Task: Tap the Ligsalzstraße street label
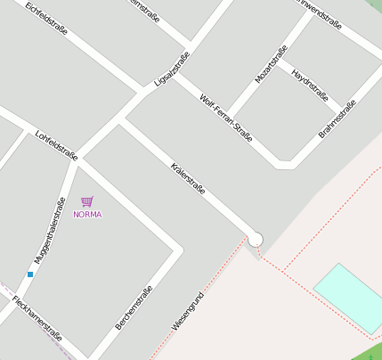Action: pos(172,70)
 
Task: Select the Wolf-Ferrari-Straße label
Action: pos(226,118)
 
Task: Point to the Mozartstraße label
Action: pos(272,64)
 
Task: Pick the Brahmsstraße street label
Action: pos(337,119)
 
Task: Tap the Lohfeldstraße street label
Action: pos(56,145)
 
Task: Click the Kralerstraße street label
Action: pos(188,179)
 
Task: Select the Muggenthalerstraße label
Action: pos(50,229)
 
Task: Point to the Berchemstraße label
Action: pos(134,307)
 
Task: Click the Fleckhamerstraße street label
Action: pos(37,318)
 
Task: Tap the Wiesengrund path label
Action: pos(188,312)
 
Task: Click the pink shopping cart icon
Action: pos(86,202)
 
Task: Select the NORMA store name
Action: pos(87,215)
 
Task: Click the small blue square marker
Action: pos(29,274)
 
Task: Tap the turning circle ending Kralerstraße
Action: pos(256,239)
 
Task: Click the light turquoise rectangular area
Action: pos(349,297)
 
